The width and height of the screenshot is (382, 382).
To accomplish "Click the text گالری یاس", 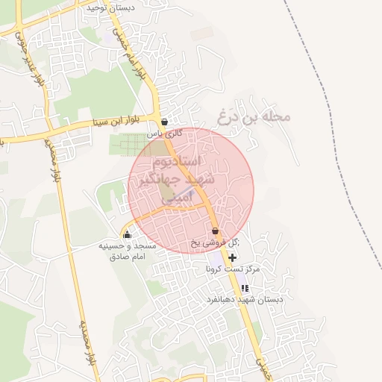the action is (164, 133).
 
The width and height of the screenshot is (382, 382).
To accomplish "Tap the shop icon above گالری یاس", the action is (164, 122).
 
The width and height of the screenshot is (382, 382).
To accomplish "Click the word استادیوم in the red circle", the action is (192, 161).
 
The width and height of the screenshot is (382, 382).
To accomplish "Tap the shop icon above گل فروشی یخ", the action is (215, 231).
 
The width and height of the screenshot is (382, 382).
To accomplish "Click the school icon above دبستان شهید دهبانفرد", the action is (244, 288).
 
